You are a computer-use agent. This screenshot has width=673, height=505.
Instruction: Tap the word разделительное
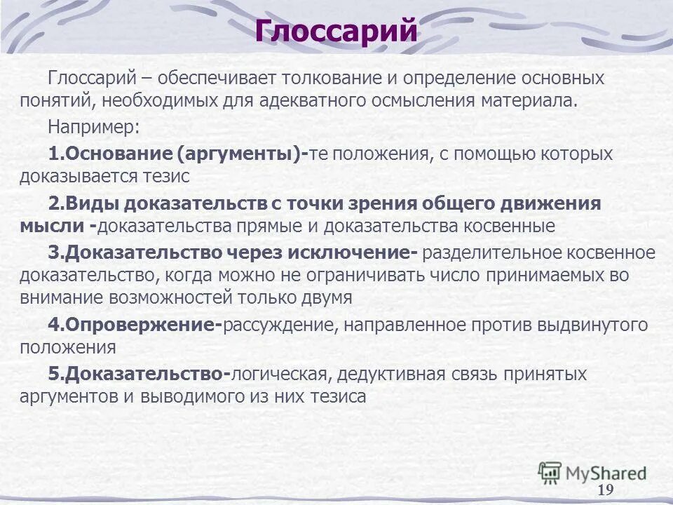pos(491,252)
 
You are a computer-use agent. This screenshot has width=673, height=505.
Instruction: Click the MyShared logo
pos(592,471)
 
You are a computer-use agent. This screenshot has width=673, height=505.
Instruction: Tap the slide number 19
pos(606,489)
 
